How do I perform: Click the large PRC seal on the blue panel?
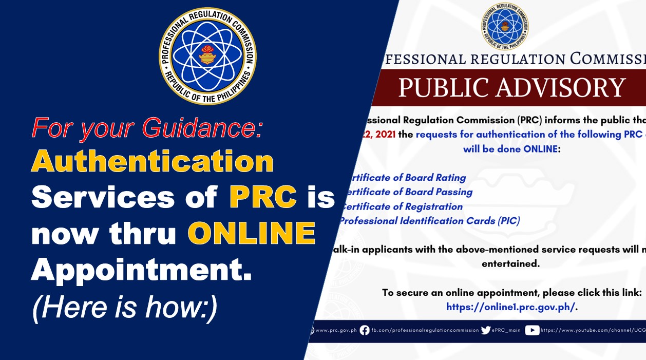pos(207,56)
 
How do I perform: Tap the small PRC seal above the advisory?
pos(505,26)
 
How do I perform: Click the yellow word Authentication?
pos(153,162)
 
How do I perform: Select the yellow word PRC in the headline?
pos(263,197)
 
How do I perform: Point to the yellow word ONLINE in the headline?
pos(252,233)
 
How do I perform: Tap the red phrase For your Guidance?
pos(147,128)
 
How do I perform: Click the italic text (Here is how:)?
pos(125,307)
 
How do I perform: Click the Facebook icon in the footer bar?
pos(365,330)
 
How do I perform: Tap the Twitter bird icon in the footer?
pos(486,330)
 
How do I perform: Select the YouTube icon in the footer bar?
pos(532,330)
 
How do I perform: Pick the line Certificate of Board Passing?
pos(407,192)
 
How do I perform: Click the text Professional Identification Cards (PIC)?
pos(429,221)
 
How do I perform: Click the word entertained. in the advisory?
pos(510,263)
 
